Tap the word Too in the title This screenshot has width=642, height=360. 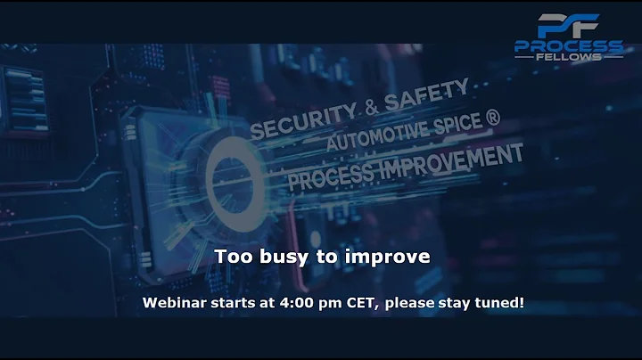coord(231,257)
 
